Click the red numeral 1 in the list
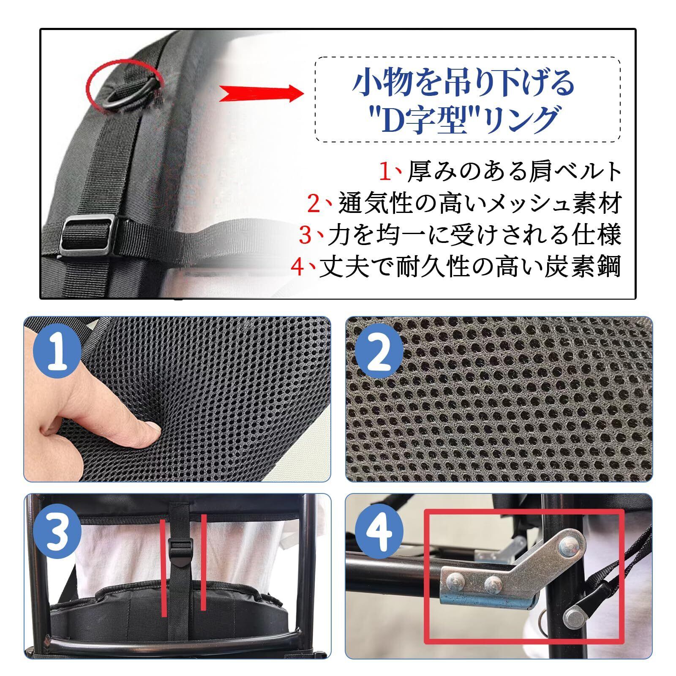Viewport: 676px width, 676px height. click(386, 171)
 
